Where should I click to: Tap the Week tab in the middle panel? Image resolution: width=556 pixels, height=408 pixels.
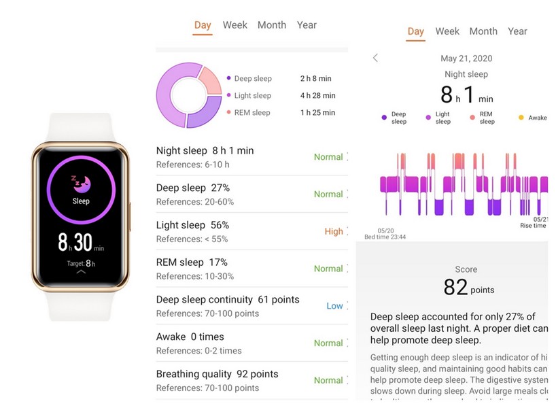[235, 25]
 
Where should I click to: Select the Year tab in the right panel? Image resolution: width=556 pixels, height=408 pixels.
[517, 31]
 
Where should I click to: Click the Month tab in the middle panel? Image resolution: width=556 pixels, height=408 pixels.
[272, 25]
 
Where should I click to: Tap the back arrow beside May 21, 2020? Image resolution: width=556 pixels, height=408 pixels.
[375, 58]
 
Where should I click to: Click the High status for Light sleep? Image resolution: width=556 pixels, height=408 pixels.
[334, 231]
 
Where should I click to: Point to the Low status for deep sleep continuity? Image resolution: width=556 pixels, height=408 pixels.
[334, 306]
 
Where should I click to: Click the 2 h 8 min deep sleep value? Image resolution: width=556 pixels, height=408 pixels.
[315, 79]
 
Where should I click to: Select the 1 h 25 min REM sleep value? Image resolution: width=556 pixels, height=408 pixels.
[317, 113]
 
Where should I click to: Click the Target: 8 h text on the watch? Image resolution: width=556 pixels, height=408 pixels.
[81, 263]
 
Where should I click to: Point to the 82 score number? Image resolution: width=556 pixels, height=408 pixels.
[455, 288]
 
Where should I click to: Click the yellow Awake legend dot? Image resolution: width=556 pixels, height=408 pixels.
[521, 118]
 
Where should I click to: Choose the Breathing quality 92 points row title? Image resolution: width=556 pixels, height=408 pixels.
[217, 374]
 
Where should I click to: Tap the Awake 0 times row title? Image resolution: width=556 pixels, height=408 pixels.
[190, 337]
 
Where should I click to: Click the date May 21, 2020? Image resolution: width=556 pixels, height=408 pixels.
[466, 58]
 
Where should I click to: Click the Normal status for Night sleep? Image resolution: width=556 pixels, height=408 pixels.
[328, 157]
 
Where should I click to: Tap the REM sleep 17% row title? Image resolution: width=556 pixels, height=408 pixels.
[192, 262]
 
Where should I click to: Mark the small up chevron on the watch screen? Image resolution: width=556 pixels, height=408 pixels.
[81, 271]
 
